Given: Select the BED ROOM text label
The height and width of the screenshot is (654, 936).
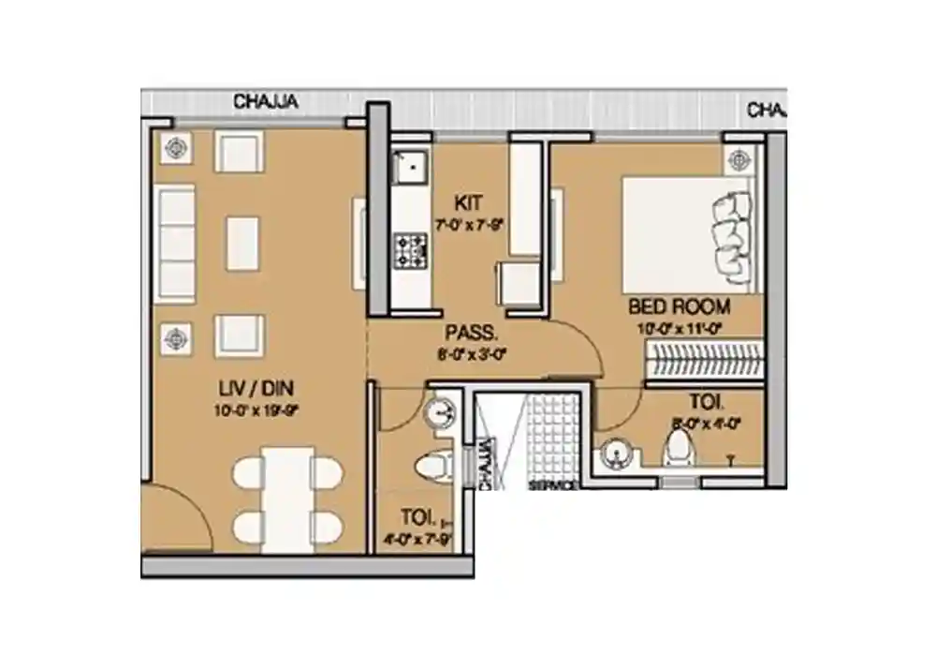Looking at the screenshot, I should (679, 306).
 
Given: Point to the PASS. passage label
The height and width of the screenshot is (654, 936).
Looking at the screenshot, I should (471, 333).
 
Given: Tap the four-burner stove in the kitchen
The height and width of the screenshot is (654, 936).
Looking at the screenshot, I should (410, 249).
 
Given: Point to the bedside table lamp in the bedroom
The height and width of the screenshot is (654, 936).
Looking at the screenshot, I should (739, 157).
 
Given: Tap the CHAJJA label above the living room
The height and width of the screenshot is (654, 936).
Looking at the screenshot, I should (266, 102).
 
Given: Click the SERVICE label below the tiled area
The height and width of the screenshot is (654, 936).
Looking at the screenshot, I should (548, 486).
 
